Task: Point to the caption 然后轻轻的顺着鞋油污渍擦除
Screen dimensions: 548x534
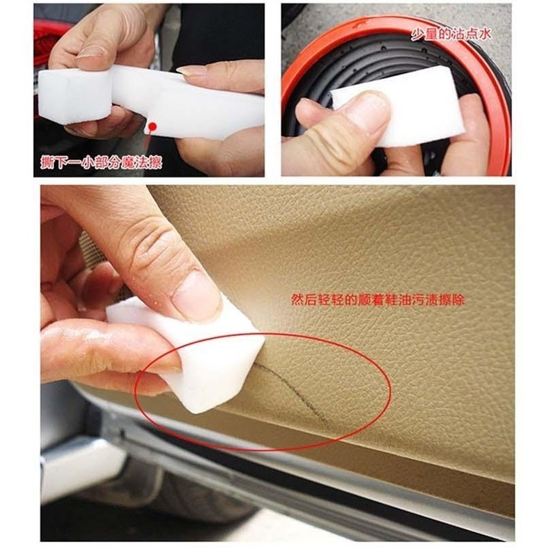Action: (x=377, y=301)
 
